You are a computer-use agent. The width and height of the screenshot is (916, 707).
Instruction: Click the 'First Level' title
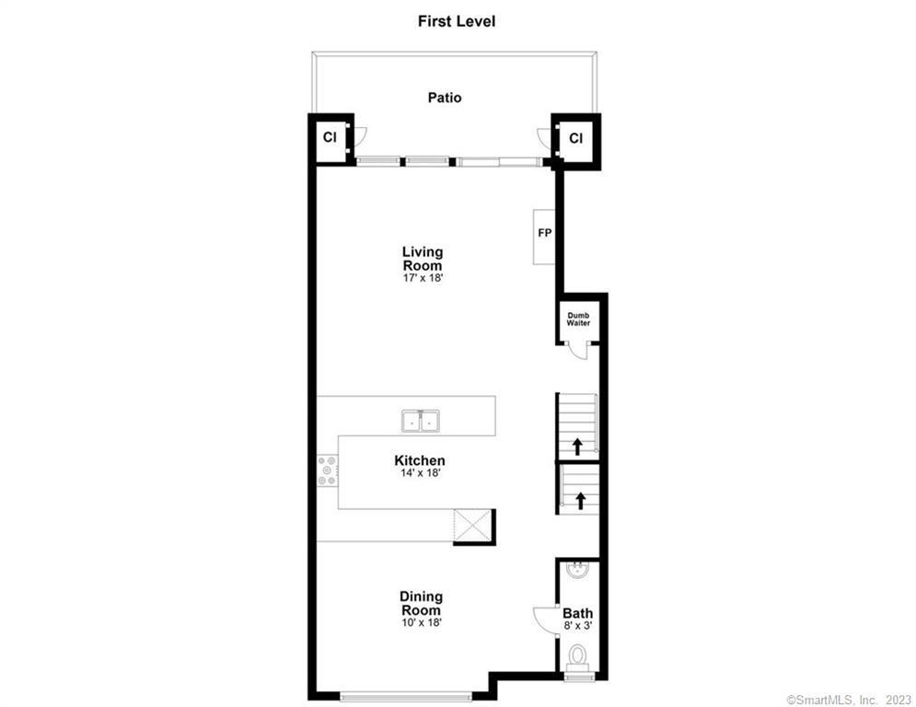457,20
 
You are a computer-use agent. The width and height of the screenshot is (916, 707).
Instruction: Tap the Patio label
445,97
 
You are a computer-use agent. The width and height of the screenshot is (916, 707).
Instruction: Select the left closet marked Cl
329,138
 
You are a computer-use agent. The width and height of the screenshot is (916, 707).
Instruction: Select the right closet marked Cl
575,138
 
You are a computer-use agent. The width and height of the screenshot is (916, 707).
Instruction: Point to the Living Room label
423,258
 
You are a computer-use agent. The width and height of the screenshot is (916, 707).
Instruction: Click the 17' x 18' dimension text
423,280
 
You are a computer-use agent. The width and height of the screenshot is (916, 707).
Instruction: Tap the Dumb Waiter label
578,319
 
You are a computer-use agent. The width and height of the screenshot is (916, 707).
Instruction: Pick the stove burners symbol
327,470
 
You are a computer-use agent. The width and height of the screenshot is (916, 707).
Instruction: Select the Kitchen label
419,460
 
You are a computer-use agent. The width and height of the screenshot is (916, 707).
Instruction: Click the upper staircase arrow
577,447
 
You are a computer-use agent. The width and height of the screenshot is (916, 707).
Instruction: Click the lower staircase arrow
580,502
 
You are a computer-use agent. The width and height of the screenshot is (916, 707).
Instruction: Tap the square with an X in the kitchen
473,527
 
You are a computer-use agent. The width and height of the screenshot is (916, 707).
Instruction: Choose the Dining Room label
421,603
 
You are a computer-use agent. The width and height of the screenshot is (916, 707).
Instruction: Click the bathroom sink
578,571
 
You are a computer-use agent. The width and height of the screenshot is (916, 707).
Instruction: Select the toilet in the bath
578,656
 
